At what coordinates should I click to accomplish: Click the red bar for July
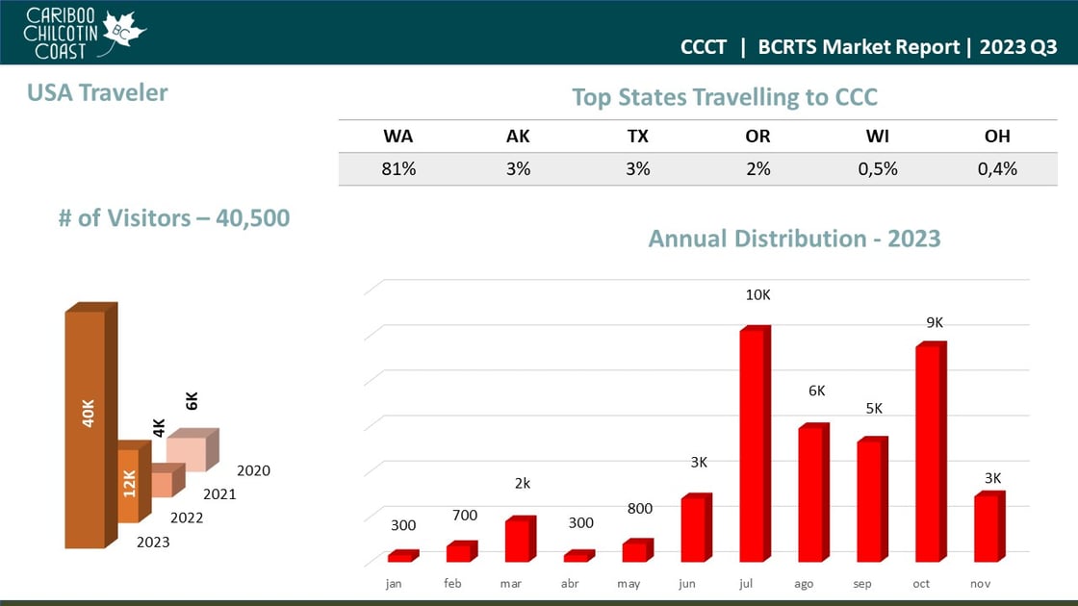click(754, 444)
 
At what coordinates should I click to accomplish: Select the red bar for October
click(929, 452)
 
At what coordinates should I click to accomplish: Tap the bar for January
click(401, 556)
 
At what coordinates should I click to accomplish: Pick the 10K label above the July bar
click(757, 294)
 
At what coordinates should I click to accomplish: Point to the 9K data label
click(935, 323)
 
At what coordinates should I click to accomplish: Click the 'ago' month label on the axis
click(804, 584)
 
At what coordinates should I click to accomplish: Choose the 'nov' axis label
click(981, 584)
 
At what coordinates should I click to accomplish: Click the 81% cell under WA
click(398, 168)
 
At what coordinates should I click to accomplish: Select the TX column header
click(637, 137)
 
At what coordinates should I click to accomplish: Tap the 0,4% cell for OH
click(996, 168)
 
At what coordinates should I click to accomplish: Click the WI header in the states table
click(877, 137)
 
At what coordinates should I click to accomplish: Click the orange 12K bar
click(129, 484)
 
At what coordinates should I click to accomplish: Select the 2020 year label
click(253, 471)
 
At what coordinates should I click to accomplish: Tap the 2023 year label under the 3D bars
click(153, 543)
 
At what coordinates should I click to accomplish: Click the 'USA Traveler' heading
click(97, 92)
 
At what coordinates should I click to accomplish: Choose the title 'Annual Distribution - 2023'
click(794, 239)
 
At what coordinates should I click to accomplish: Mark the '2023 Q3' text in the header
click(1018, 47)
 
